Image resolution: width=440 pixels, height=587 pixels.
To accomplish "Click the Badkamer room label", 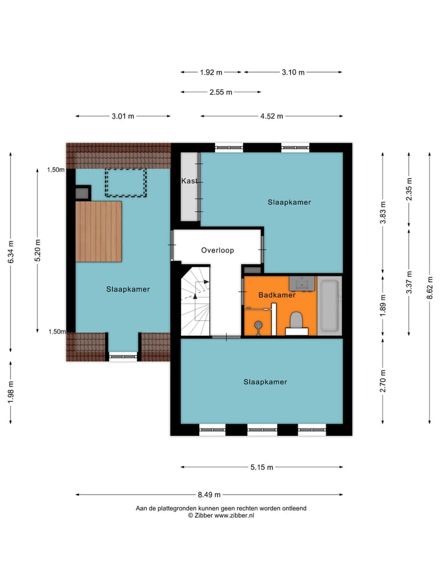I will pos(277,295).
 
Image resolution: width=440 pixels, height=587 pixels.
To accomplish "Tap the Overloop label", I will pos(218,250).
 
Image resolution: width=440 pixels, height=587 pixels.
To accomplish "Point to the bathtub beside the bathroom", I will pos(329,306).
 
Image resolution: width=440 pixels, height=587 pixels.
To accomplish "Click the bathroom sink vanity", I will pos(302,284).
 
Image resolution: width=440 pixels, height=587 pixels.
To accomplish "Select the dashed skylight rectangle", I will pos(126,183).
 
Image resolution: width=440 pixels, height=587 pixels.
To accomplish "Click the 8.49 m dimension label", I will pos(209,495).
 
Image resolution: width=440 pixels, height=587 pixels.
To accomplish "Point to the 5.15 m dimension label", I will pos(262,467).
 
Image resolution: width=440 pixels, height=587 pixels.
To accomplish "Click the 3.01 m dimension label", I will pos(123,116).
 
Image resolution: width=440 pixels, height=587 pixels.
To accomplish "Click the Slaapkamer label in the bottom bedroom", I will pos(265,382).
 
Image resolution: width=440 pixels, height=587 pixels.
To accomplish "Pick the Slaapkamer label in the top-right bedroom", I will pos(289,202).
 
